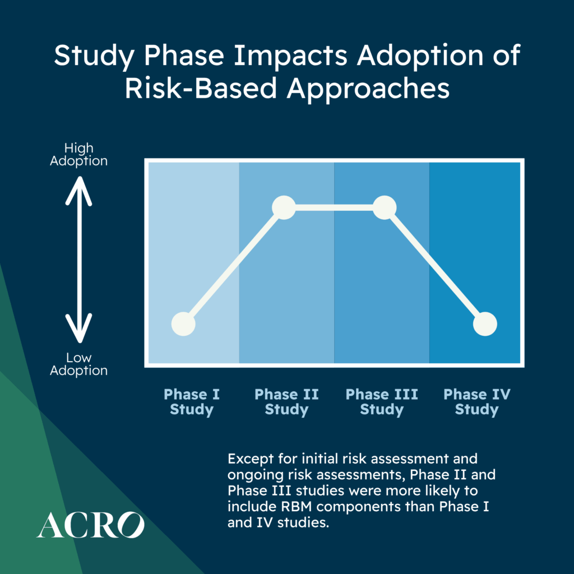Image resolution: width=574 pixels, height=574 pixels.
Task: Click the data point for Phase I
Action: [x=183, y=324]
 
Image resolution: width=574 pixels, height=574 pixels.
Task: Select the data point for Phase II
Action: [x=284, y=207]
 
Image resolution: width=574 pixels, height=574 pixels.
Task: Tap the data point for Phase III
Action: [x=385, y=207]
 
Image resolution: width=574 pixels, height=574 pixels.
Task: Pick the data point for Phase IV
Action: [x=485, y=324]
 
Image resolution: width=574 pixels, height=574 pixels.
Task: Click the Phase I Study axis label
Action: [x=192, y=402]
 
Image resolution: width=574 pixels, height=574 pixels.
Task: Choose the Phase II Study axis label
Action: [x=286, y=402]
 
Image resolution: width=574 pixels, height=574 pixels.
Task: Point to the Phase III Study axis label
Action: [x=382, y=402]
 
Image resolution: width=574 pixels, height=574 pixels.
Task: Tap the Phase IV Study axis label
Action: [x=476, y=402]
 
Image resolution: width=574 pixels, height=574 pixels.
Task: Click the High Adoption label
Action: [x=78, y=155]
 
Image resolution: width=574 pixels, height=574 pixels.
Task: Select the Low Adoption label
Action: [x=78, y=364]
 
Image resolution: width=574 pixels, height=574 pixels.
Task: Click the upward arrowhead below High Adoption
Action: [x=78, y=189]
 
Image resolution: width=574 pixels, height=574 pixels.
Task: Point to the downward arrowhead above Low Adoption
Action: [x=78, y=328]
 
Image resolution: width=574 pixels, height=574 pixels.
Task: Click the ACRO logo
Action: [x=90, y=525]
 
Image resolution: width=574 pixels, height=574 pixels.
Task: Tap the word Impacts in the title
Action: [x=291, y=56]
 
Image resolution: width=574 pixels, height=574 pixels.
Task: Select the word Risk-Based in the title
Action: [x=201, y=88]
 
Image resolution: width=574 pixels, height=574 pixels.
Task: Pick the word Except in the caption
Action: [x=251, y=459]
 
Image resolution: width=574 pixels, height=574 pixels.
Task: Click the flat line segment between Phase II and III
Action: [x=334, y=207]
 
